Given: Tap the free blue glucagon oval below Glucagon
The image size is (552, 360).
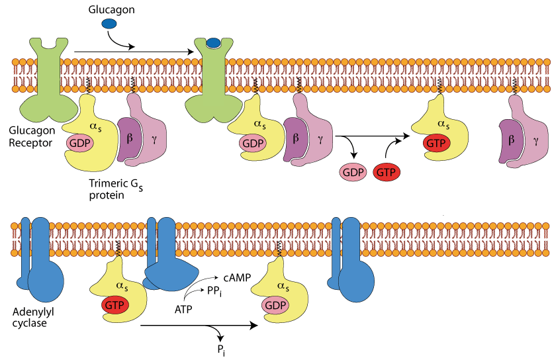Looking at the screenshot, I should pos(109,24).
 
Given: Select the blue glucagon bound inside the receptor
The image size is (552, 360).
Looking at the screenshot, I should pos(213,44).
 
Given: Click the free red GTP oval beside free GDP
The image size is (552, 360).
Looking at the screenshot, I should pos(386,172).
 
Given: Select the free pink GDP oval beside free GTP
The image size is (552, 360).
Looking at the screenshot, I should pos(353,172).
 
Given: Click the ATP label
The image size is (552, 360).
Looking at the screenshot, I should pos(183,308).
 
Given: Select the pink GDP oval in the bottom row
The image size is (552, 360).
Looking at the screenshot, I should pos(276,305).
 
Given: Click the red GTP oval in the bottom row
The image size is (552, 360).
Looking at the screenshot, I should pos(115,305).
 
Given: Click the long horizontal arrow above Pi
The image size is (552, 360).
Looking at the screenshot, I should pos(199,326).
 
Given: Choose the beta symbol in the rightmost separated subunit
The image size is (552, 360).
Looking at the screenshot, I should pos(512,141).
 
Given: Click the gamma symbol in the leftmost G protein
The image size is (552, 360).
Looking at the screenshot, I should pos(154,140).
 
